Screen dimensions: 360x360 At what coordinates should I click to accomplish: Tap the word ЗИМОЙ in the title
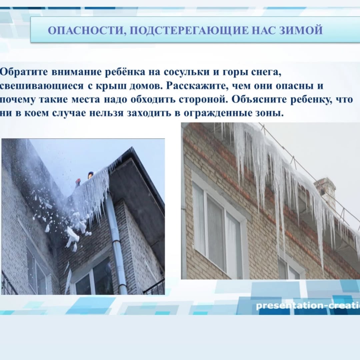[301, 30]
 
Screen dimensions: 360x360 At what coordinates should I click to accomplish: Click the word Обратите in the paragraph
[24, 72]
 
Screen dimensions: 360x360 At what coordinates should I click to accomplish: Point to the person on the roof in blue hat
[91, 175]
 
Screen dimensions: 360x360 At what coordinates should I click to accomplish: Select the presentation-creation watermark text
[308, 306]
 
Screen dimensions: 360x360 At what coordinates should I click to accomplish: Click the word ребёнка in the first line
[125, 72]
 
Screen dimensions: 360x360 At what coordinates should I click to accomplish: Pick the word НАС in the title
[264, 30]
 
